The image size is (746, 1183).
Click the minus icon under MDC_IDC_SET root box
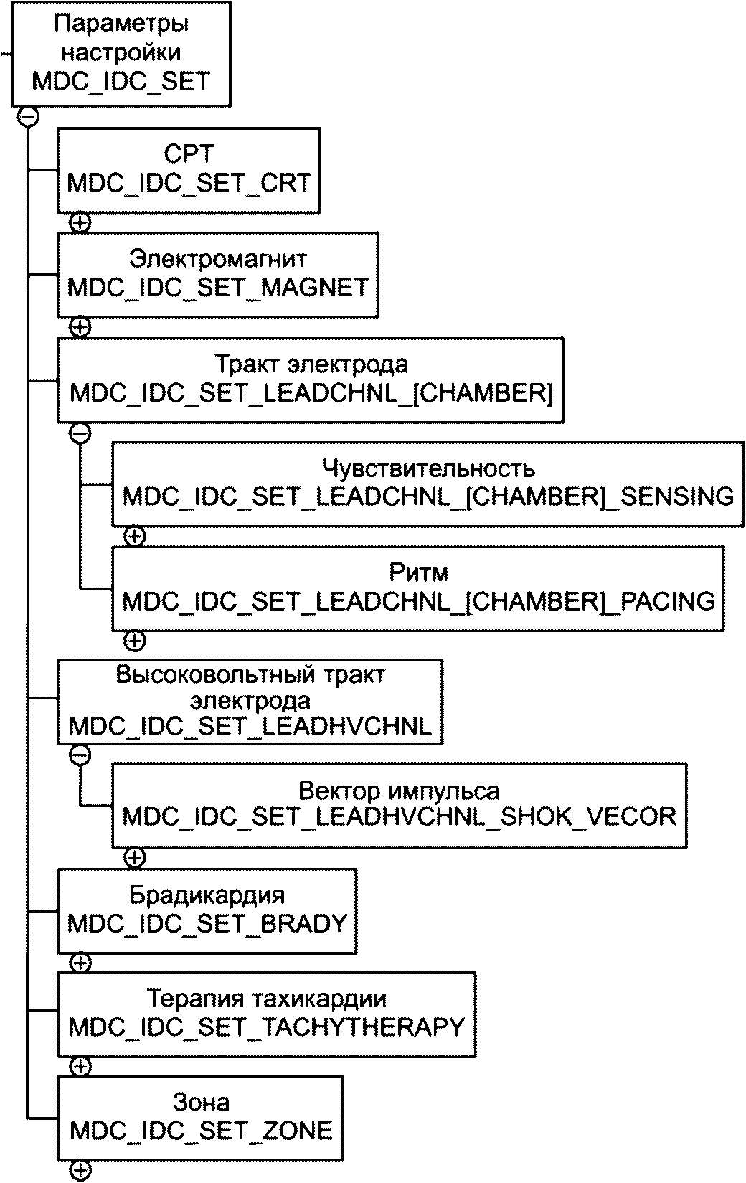(x=28, y=117)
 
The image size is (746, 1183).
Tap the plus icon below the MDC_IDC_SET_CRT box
(x=80, y=222)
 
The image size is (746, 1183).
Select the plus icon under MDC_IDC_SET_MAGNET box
(x=80, y=327)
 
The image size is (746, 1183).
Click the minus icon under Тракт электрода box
(x=80, y=433)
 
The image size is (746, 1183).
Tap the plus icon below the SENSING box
(x=135, y=537)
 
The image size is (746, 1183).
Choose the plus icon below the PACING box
(x=135, y=641)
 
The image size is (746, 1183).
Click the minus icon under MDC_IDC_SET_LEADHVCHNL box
(x=80, y=755)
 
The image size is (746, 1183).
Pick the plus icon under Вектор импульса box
(x=135, y=857)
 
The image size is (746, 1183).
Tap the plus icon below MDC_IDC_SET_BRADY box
(x=80, y=963)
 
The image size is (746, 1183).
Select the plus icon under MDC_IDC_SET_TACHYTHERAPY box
(x=80, y=1066)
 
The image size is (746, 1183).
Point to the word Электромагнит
(x=217, y=259)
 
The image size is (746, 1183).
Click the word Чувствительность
(x=428, y=468)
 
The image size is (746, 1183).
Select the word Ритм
(x=418, y=572)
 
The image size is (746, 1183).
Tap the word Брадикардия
(x=207, y=895)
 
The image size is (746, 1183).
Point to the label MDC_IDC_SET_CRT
(x=189, y=183)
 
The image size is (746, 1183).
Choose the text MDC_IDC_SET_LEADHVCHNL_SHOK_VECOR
(x=399, y=817)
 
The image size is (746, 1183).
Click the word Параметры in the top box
(x=121, y=24)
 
